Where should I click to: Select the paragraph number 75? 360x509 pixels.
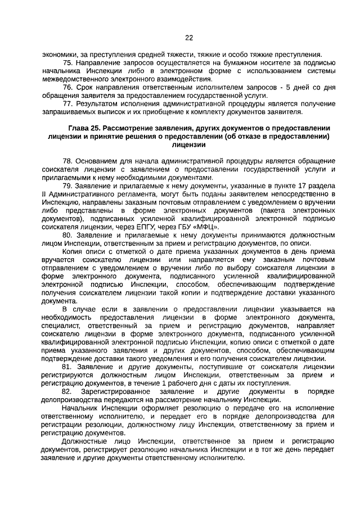68,62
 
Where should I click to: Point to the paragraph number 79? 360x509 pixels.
68,186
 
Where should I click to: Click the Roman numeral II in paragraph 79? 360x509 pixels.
43,195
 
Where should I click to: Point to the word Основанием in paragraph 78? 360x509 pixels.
100,161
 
